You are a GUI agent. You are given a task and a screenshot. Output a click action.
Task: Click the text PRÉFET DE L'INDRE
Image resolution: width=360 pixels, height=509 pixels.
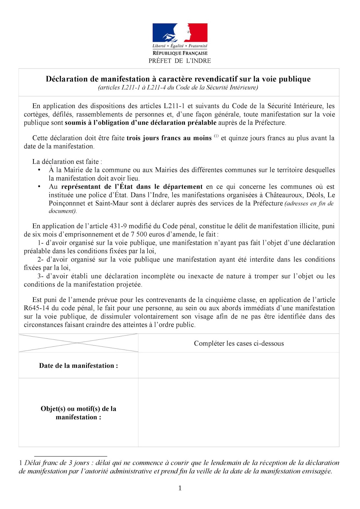click(180, 61)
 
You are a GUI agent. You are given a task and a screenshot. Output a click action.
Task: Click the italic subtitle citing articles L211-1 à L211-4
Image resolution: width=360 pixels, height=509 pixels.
click(178, 87)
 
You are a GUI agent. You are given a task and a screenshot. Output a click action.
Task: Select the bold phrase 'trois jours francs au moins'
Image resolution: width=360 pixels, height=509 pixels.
click(169, 138)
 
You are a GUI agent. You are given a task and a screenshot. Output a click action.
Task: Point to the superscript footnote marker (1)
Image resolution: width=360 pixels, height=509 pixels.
click(216, 136)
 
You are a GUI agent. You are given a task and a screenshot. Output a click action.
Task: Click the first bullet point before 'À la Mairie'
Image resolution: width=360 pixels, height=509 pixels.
click(39, 170)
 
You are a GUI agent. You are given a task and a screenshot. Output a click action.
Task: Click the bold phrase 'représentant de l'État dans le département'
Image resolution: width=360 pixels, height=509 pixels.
click(132, 187)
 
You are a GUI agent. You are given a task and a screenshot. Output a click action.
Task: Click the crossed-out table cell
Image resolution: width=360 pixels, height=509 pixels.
click(78, 343)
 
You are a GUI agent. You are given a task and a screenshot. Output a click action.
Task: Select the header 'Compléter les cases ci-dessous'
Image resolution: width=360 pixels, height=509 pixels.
click(239, 343)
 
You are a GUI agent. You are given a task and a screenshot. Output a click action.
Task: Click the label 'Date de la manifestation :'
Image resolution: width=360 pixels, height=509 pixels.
click(78, 366)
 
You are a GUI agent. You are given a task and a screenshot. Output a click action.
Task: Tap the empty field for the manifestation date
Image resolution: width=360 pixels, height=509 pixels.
click(239, 365)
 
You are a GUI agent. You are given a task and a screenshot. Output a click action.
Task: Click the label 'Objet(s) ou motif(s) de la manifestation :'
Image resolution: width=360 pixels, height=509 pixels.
click(78, 413)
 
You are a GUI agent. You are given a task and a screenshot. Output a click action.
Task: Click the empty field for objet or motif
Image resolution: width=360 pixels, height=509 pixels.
click(239, 413)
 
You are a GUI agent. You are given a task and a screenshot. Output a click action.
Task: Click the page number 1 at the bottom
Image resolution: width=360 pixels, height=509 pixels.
click(180, 488)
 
